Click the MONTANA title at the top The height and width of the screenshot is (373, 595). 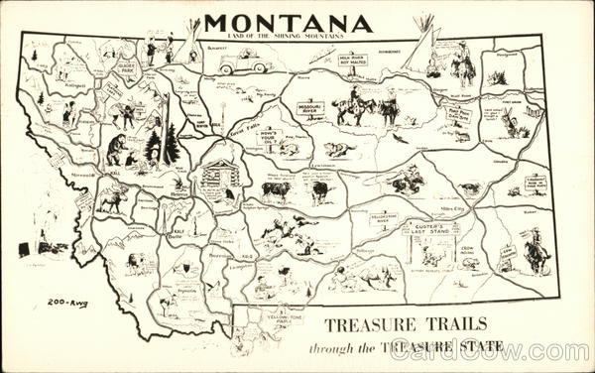click(x=288, y=23)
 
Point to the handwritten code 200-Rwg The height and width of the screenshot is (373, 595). click(x=67, y=303)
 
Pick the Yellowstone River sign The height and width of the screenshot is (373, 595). click(x=383, y=217)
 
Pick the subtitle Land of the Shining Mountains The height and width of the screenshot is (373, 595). click(x=288, y=37)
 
